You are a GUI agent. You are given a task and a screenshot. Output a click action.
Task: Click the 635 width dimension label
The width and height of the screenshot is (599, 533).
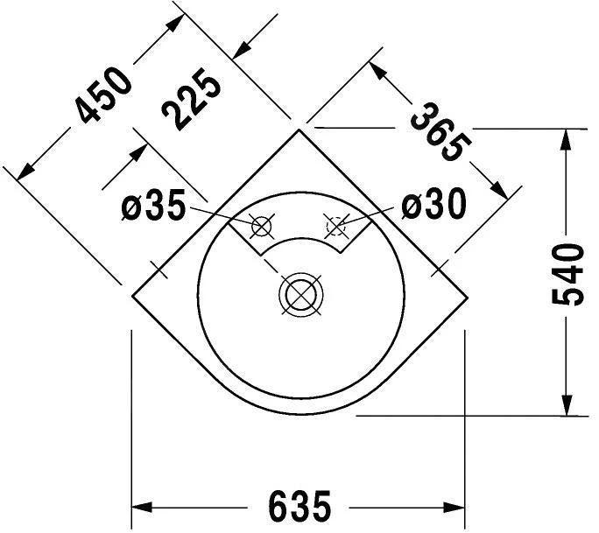pos(299,506)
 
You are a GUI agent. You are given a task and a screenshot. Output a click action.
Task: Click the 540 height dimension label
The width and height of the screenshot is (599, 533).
pos(567,275)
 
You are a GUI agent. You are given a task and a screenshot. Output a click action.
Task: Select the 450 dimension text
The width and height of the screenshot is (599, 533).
pos(103,95)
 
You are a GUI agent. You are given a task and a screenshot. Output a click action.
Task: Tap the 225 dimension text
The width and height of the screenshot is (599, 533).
pos(191,99)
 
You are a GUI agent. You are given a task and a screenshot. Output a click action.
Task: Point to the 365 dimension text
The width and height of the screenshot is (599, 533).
pos(440,132)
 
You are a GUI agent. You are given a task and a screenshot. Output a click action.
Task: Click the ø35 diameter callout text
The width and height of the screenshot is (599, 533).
pos(153,206)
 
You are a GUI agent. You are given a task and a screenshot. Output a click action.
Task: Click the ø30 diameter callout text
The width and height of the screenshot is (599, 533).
pos(434,204)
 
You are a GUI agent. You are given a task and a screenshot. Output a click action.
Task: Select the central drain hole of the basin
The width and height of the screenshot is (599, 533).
pos(301,294)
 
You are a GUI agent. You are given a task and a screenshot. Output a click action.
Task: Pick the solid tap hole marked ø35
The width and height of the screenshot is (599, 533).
pos(262,227)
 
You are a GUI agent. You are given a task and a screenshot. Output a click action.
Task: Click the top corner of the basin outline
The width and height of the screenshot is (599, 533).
pos(299,130)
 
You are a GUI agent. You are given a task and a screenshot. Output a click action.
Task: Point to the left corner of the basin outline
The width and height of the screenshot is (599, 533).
pos(132,296)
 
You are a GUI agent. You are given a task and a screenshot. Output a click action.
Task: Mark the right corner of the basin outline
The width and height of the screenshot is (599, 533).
pos(468,297)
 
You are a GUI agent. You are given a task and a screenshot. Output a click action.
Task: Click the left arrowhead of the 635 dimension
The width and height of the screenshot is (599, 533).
pos(142,508)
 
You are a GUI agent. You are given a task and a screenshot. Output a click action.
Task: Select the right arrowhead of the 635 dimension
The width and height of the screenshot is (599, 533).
pos(454,508)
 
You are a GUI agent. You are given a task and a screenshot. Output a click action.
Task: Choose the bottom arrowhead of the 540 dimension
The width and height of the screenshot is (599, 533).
pos(567,404)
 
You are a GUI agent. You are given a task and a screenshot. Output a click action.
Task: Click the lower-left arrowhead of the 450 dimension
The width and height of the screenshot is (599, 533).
pos(25,172)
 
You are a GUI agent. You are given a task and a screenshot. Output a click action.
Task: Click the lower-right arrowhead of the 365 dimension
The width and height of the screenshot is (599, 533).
pos(500,191)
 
